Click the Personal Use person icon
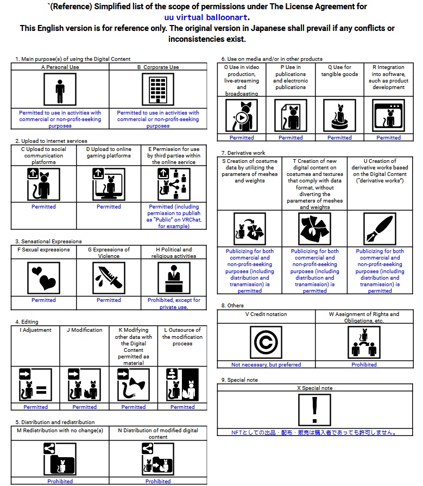tap(60, 90)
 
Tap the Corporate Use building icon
tap(157, 90)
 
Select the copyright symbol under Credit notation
tap(266, 342)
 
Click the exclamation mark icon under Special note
tap(314, 410)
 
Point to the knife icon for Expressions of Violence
tap(109, 278)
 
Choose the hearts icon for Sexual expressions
tap(43, 278)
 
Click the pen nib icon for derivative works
tap(380, 229)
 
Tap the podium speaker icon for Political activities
tap(174, 278)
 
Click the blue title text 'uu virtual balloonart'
tap(206, 17)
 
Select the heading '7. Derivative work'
tap(243, 153)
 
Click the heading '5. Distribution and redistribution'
tap(55, 422)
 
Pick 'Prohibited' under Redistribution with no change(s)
tap(60, 481)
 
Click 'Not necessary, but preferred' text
tap(266, 365)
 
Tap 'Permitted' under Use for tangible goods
tap(339, 137)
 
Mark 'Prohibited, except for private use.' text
tap(174, 304)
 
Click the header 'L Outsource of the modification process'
tap(182, 337)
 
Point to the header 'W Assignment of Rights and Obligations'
tap(364, 317)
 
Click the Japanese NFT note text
tap(314, 432)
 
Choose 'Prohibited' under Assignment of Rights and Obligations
tap(364, 365)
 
